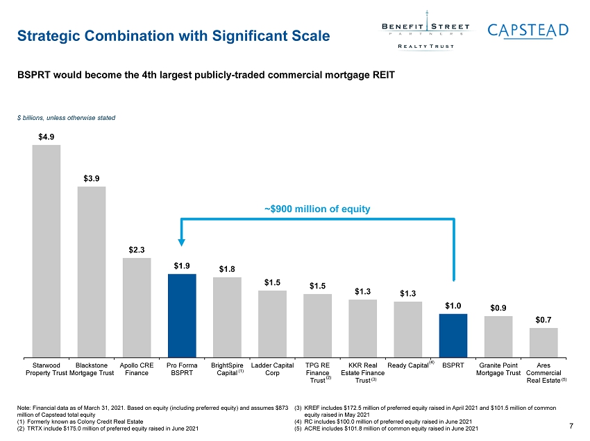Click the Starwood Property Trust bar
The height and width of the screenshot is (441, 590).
tap(47, 251)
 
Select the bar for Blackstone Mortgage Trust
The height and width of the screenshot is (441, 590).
tap(92, 271)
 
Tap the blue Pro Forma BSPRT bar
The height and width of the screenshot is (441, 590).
tap(182, 315)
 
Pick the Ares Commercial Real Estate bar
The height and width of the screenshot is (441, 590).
tap(543, 343)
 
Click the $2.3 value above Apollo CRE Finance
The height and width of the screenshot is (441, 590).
tap(137, 250)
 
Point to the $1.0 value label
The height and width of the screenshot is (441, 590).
tap(453, 306)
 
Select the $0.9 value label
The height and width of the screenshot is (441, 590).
tap(498, 308)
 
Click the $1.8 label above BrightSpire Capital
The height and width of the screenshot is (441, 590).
tap(227, 269)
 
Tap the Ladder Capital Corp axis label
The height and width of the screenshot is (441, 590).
tap(272, 369)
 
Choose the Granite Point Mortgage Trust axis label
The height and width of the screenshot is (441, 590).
tap(498, 369)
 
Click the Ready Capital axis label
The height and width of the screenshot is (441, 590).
tap(410, 365)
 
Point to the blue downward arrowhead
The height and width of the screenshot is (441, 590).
tap(181, 242)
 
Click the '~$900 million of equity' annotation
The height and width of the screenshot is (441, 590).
tap(317, 209)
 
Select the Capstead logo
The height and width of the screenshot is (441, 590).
tap(528, 31)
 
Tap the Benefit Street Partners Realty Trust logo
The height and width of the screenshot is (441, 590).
tap(426, 31)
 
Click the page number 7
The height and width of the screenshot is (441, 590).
tap(571, 426)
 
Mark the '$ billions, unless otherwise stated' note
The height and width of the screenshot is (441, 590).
tap(66, 118)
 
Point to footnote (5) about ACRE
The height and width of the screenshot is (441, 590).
tap(387, 429)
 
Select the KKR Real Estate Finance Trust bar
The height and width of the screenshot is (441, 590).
tap(363, 328)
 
